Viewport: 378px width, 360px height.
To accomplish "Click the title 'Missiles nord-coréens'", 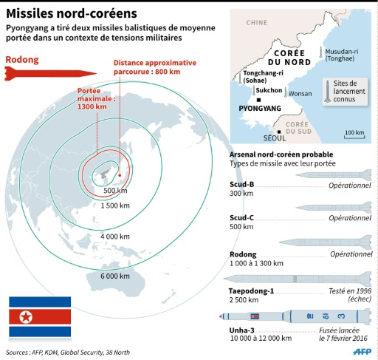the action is pos(72,13).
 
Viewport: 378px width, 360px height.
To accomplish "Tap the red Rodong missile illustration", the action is pos(51,73).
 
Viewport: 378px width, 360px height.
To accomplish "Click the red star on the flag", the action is pos(26,316).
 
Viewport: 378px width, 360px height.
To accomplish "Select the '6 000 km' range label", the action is pos(115,276).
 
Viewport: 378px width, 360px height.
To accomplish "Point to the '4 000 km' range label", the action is pos(115,237).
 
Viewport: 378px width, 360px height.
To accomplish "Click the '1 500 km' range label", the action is pos(115,206).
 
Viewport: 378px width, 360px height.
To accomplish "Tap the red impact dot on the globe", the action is pos(120,175).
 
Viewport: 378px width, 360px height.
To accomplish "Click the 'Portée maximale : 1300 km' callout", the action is pos(97,98).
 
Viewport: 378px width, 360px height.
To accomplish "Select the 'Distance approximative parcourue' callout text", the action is pos(155,67).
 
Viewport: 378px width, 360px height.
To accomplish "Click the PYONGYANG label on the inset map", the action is pos(260,109).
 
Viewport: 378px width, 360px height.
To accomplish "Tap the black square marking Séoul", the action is pos(279,132).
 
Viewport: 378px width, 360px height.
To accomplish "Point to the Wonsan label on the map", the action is pos(300,94).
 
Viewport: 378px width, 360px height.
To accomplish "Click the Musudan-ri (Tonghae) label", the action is pos(342,55).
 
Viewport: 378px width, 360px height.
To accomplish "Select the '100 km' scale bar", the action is pos(354,134).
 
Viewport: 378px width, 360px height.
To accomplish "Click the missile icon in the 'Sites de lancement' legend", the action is pos(328,92).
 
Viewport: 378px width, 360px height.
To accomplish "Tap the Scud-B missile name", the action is pos(241,184).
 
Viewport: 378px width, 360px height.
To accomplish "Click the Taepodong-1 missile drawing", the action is pos(298,279).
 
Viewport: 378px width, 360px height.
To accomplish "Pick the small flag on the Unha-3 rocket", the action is pos(255,316).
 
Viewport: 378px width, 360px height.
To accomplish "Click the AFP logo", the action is pos(362,352).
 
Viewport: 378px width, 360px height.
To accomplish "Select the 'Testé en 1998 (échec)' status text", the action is pos(350,295).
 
